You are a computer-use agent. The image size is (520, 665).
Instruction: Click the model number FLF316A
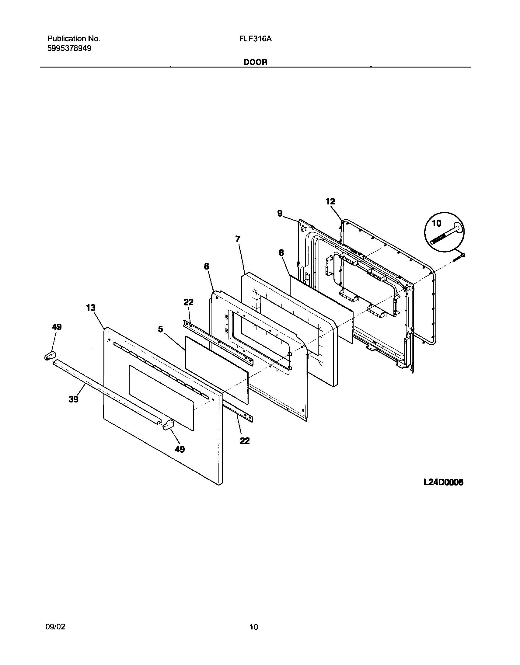tap(257, 39)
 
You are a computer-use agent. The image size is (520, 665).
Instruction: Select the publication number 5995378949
tap(69, 48)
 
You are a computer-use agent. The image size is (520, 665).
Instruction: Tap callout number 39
tap(73, 399)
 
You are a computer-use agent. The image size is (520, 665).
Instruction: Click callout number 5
tap(161, 329)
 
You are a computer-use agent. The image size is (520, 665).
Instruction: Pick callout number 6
tap(207, 266)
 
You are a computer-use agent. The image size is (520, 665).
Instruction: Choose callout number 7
tap(238, 239)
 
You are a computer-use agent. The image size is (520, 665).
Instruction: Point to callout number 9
tap(280, 214)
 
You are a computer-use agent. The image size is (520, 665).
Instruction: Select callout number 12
tap(330, 201)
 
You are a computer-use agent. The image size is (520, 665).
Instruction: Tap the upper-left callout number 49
tap(57, 327)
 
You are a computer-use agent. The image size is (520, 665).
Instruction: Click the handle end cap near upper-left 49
tap(50, 355)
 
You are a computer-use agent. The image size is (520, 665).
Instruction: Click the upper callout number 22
tap(188, 302)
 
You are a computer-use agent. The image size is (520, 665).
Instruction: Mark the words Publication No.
tap(73, 39)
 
